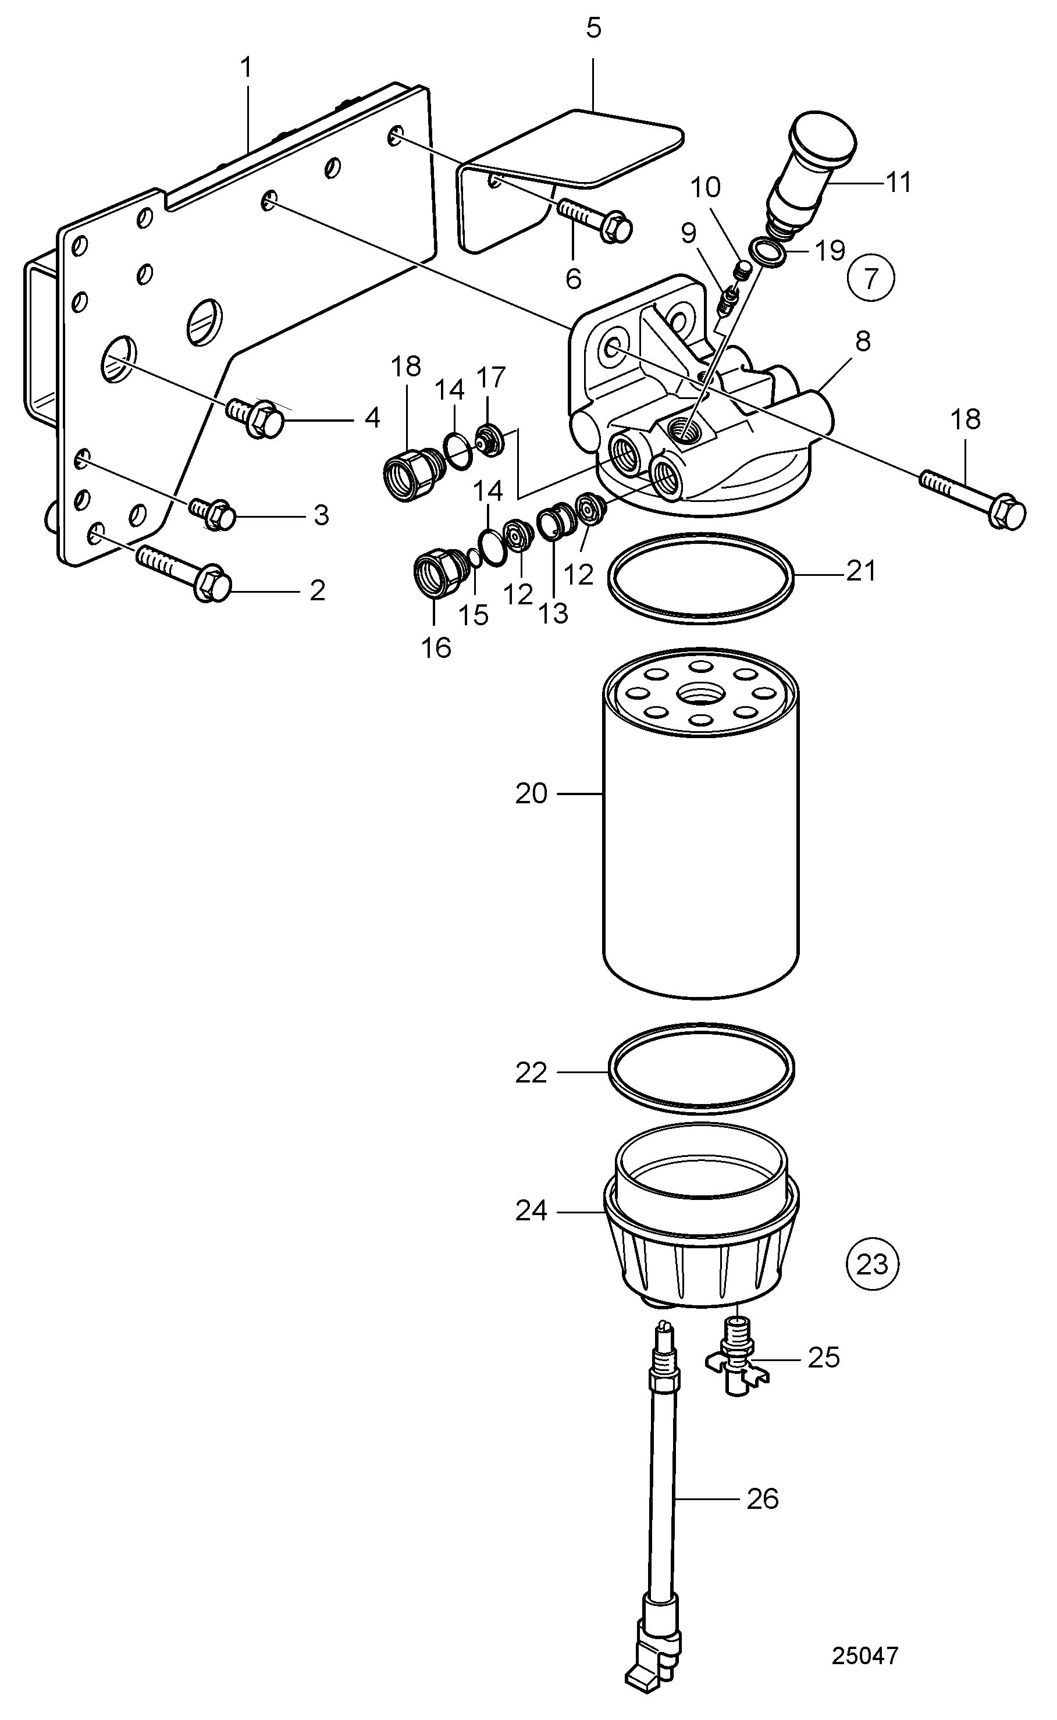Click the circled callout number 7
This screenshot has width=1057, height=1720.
coord(870,279)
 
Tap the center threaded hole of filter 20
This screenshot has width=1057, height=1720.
coord(700,694)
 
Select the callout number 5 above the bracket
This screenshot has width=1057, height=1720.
coord(593,29)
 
